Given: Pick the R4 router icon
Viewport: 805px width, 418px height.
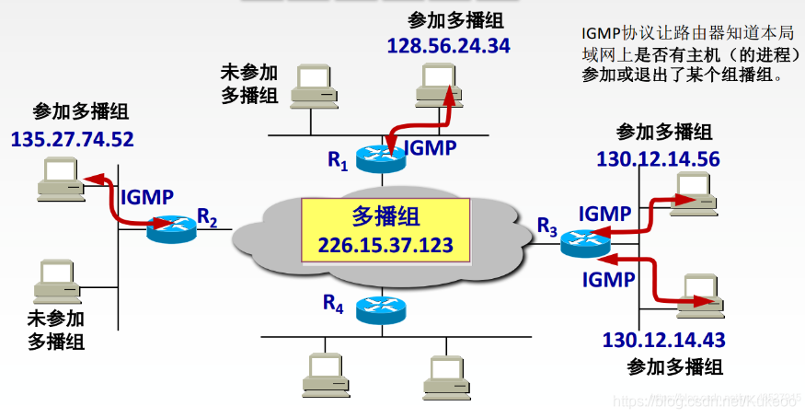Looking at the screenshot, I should pyautogui.click(x=381, y=307).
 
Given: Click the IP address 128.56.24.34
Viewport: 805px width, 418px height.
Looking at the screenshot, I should pyautogui.click(x=448, y=46).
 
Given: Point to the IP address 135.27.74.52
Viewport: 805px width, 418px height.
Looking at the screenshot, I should pyautogui.click(x=73, y=140).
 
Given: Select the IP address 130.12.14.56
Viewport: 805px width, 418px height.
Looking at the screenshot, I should pyautogui.click(x=658, y=159).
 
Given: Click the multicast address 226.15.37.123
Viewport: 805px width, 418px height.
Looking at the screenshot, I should pyautogui.click(x=386, y=245).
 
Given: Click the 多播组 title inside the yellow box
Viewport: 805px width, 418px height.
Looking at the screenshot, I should pyautogui.click(x=385, y=217).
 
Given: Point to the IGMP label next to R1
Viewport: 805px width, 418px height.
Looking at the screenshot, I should pyautogui.click(x=430, y=147).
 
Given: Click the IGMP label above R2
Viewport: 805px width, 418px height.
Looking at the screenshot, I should pyautogui.click(x=146, y=196).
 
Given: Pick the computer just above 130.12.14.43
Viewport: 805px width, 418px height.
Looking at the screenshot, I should pyautogui.click(x=700, y=290).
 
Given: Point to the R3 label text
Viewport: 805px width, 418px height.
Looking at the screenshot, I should pyautogui.click(x=547, y=226).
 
